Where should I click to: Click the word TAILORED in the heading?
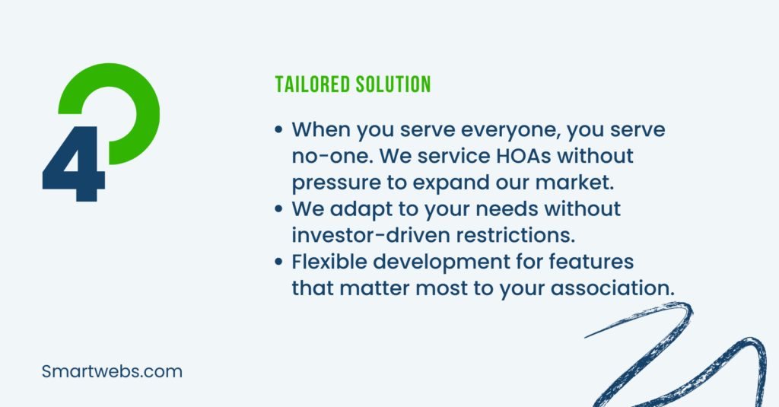(x=313, y=84)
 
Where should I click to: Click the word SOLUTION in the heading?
(x=393, y=84)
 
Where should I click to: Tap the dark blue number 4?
(x=74, y=164)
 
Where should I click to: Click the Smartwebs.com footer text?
(x=112, y=371)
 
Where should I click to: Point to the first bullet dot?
(x=278, y=129)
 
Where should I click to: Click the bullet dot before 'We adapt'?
(x=278, y=208)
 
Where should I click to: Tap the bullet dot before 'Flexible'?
(x=278, y=262)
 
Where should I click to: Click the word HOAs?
(x=523, y=155)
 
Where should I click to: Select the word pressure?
(x=335, y=183)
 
